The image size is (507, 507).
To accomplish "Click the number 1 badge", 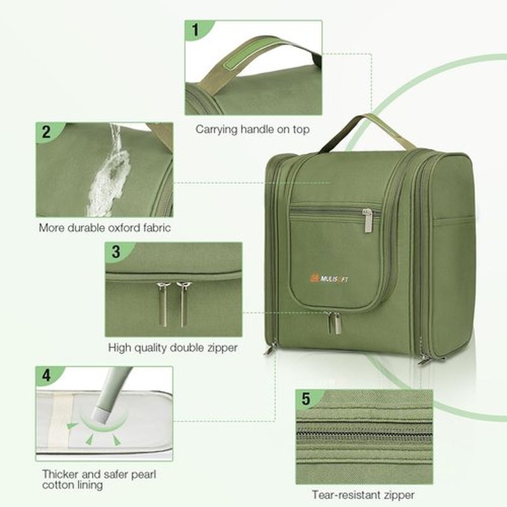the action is [195, 30].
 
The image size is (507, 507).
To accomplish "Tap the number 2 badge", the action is [46, 132].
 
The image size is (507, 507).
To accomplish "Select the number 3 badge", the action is [116, 251].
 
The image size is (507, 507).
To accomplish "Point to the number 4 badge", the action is [46, 375].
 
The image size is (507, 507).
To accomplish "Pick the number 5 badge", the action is [306, 399].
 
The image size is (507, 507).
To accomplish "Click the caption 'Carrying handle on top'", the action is [252, 129].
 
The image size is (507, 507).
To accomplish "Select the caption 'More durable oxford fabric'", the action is [105, 228].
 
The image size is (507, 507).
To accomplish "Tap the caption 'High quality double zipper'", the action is [172, 347].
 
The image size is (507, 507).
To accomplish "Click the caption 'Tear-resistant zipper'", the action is [363, 495].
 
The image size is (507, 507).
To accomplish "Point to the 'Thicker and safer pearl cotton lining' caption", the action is [99, 480].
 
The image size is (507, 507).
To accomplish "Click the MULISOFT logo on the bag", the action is [329, 278].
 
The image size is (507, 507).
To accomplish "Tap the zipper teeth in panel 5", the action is [364, 434].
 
